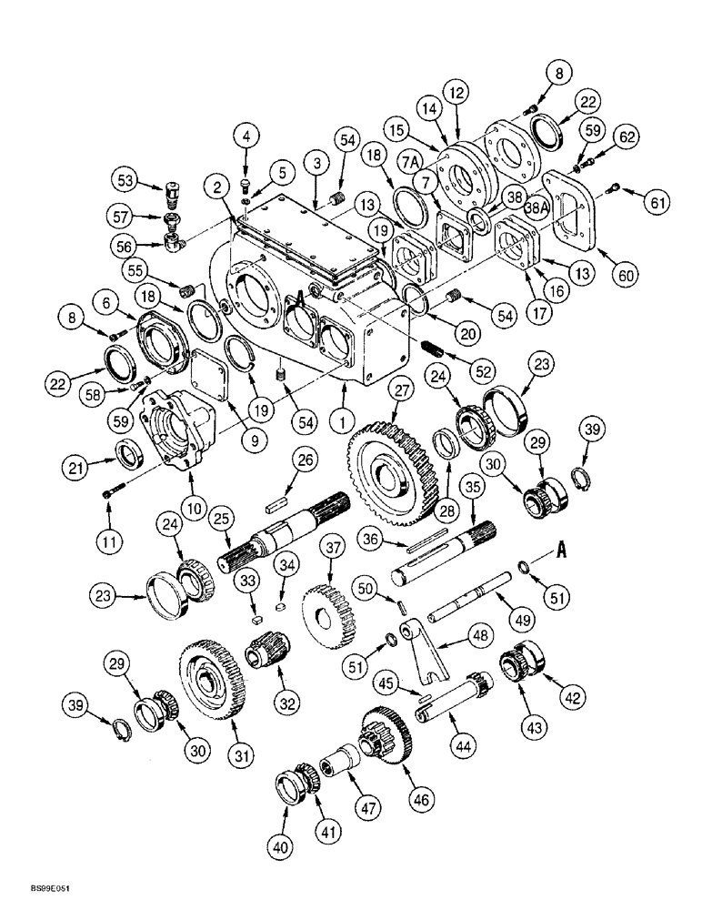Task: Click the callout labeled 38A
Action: tap(533, 206)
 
